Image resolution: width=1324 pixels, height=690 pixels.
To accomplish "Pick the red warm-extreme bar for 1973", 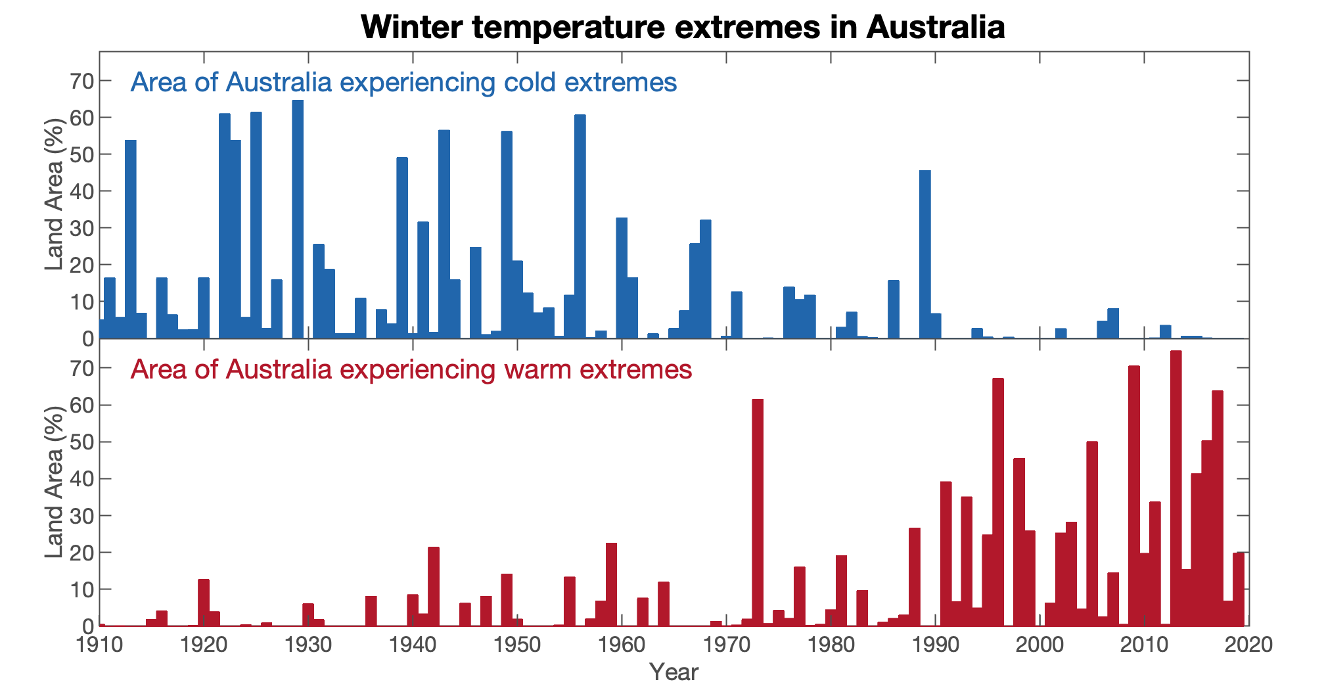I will pyautogui.click(x=758, y=513).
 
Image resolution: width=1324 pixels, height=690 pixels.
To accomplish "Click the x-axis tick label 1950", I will pyautogui.click(x=517, y=645).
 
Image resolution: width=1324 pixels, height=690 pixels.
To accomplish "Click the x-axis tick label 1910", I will pyautogui.click(x=100, y=645).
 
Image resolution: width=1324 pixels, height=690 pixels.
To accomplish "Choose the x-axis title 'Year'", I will pyautogui.click(x=673, y=672).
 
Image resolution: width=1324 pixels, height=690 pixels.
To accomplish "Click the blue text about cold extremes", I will pyautogui.click(x=403, y=83).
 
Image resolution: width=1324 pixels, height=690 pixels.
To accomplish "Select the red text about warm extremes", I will pyautogui.click(x=411, y=370).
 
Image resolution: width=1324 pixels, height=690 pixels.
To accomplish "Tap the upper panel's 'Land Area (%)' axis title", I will pyautogui.click(x=55, y=195).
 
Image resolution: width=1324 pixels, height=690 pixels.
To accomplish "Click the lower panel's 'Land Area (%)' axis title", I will pyautogui.click(x=55, y=482).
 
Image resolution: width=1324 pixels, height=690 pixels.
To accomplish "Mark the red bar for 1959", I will pyautogui.click(x=611, y=585).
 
